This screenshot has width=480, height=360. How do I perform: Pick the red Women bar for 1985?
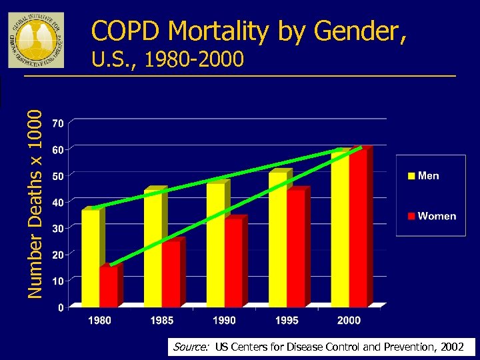[x=171, y=273]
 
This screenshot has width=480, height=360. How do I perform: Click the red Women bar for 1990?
[x=233, y=263]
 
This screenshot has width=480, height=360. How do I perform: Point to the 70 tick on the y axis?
[x=58, y=123]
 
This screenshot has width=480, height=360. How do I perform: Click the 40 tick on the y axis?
[x=58, y=202]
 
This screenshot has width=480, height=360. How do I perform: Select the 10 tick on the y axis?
[x=58, y=281]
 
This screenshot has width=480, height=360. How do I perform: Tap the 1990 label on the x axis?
[x=224, y=321]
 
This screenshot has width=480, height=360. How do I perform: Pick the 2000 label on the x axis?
[x=349, y=321]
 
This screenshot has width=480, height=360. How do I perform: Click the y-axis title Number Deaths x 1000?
[x=39, y=203]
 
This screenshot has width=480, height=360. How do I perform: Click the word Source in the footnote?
[x=189, y=347]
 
